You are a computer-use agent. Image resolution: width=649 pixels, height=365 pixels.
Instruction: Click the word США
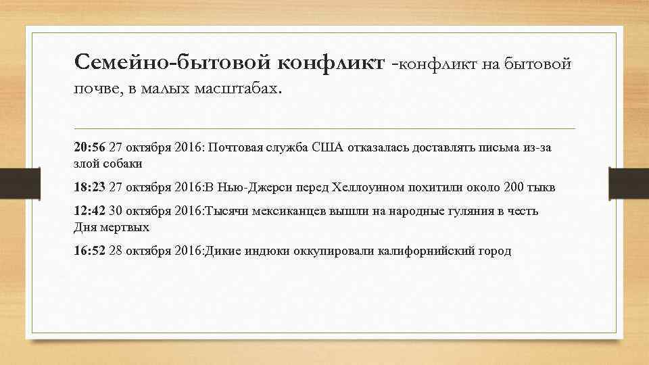[327, 147]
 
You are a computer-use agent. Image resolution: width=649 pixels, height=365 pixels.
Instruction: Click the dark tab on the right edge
[629, 182]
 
